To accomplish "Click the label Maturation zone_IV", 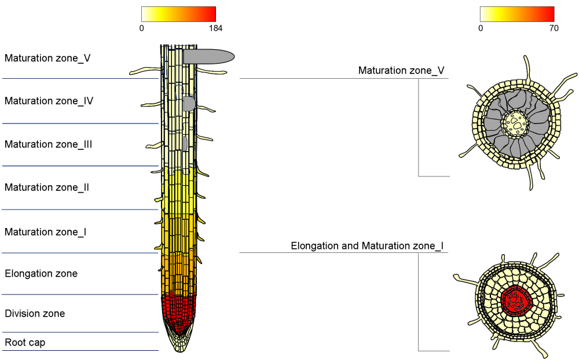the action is (49, 101).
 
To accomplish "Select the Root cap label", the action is (25, 343).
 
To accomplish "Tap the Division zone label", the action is (35, 314).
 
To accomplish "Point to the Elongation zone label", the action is (41, 274).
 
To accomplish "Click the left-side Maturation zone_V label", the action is (47, 58).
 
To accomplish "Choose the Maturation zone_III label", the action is (48, 144).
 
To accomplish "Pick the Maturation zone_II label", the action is (46, 188).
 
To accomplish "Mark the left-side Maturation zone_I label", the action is (45, 232).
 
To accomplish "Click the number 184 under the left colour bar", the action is (215, 28).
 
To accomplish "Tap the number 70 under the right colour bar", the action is (554, 28).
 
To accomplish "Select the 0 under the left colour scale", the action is (141, 28).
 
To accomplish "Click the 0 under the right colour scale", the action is (481, 28).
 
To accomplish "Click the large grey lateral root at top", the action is (208, 57).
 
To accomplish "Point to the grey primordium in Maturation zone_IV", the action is (189, 104).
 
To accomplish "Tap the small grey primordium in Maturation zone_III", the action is (185, 144).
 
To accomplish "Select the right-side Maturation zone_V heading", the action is (401, 71).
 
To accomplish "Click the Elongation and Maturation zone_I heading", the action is (367, 246).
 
